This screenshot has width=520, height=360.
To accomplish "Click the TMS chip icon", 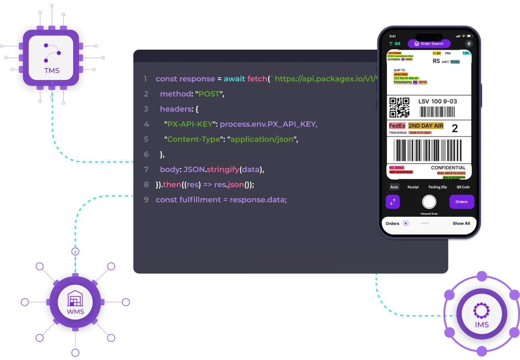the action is tap(52, 58).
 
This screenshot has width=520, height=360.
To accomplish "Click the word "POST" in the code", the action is tap(209, 94).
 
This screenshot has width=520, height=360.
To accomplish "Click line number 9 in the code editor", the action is tap(146, 200).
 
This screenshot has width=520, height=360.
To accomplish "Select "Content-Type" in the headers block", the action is tap(194, 139).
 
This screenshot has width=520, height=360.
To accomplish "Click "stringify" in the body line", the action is tap(223, 169).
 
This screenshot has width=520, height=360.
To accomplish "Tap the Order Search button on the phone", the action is tap(429, 44).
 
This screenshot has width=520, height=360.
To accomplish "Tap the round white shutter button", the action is tap(429, 202).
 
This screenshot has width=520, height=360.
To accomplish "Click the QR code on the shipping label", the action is tap(399, 107).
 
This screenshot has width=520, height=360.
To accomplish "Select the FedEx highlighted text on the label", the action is tap(397, 126).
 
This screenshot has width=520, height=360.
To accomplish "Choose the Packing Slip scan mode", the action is tap(437, 187).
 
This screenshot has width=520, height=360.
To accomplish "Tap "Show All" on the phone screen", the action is tap(461, 224).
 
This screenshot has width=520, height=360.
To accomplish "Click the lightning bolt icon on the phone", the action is tap(468, 44).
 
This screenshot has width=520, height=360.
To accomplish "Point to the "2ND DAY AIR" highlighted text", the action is tap(425, 126).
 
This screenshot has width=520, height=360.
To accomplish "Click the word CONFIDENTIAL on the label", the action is tap(448, 168).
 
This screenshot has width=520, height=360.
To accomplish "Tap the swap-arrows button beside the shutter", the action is tap(393, 202).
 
